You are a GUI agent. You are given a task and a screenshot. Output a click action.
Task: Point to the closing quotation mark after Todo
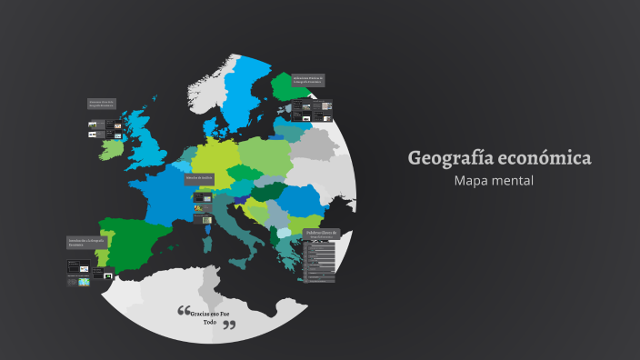click(x=229, y=325)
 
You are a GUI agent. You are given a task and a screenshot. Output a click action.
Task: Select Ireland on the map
click(x=113, y=146)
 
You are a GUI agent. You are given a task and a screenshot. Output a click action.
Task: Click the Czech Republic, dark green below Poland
click(x=244, y=174)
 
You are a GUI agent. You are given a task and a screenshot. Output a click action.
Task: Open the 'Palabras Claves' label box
click(x=322, y=235)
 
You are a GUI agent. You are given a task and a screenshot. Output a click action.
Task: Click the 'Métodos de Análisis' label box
click(x=199, y=177)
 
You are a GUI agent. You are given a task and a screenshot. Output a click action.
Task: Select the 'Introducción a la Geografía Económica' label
click(x=87, y=243)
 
